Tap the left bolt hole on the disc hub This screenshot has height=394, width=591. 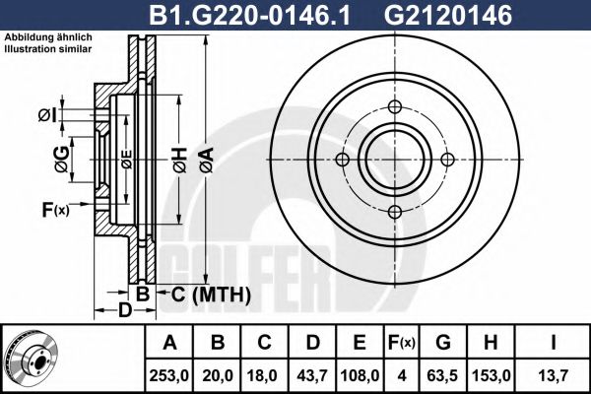point(343,161)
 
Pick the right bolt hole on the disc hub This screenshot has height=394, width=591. point(447,161)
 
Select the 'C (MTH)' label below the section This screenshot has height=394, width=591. point(206,295)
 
